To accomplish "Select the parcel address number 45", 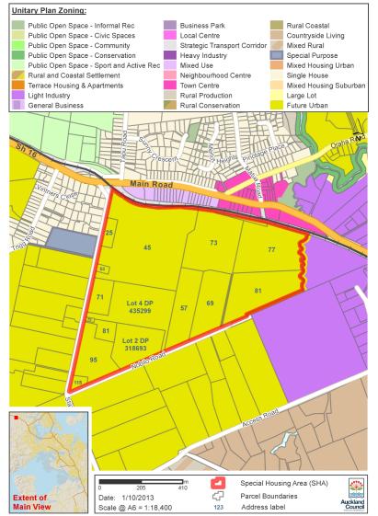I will (x=146, y=249).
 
